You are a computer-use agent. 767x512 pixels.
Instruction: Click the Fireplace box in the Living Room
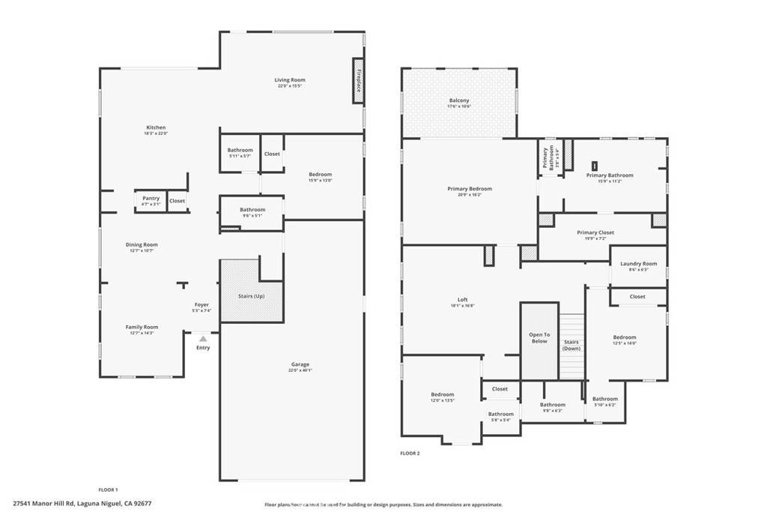(359, 80)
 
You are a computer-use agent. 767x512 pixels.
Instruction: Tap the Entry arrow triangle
(203, 339)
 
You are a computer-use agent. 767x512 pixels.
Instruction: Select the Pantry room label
(151, 198)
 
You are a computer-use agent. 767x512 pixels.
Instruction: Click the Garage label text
(300, 364)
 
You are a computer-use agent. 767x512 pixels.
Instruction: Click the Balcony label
(459, 100)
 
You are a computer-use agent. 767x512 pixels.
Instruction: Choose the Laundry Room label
(638, 263)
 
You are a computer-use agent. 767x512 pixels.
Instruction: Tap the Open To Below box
(539, 338)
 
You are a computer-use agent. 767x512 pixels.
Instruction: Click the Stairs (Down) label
(572, 345)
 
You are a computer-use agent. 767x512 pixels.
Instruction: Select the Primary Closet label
(595, 232)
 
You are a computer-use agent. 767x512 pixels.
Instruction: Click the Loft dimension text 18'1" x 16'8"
(462, 306)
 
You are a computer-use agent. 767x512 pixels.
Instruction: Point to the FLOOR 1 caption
(109, 490)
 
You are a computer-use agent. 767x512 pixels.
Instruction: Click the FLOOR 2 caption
(410, 454)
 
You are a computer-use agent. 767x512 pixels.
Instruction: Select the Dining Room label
(142, 244)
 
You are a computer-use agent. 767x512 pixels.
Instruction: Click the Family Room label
(142, 327)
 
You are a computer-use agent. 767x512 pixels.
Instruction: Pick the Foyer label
(201, 304)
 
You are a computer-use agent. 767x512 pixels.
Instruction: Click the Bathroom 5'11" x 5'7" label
(240, 150)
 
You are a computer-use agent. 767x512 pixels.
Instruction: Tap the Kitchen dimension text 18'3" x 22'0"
(156, 133)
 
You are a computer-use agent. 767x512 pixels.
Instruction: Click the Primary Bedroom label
(470, 188)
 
